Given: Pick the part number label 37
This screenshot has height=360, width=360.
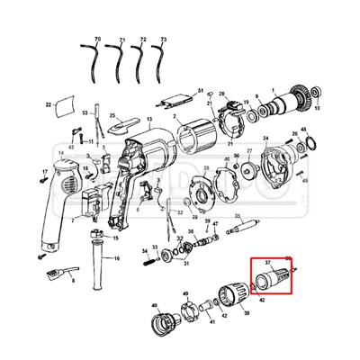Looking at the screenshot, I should (266, 262).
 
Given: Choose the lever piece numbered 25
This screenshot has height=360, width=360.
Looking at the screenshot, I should (126, 121).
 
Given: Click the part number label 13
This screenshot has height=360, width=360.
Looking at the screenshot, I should (149, 118).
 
